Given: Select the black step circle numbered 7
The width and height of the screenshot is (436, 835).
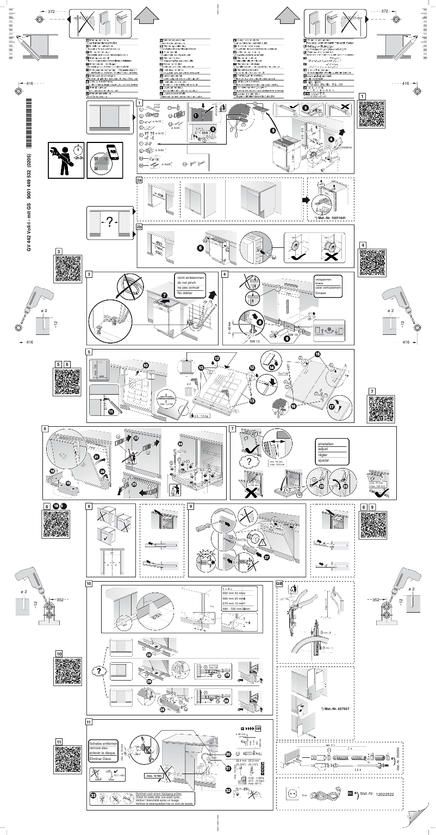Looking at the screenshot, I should (x=164, y=295).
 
